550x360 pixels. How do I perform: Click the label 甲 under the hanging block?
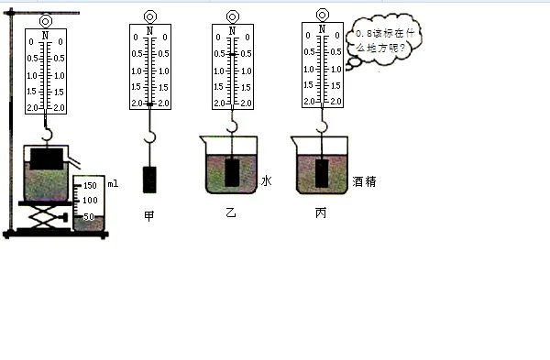148,216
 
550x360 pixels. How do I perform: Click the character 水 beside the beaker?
266,181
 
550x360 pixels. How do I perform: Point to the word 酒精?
363,182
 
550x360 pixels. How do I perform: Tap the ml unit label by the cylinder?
112,185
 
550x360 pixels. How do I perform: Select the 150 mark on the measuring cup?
91,185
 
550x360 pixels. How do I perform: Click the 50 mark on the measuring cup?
91,216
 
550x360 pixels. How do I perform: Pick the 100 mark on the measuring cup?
91,201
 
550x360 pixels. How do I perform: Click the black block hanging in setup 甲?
149,180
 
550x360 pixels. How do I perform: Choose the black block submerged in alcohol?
322,172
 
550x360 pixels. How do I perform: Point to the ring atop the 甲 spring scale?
149,16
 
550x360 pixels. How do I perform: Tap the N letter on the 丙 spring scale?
322,30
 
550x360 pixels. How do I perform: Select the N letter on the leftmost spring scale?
45,34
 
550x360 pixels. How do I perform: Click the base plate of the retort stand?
55,235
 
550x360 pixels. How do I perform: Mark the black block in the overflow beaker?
45,157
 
